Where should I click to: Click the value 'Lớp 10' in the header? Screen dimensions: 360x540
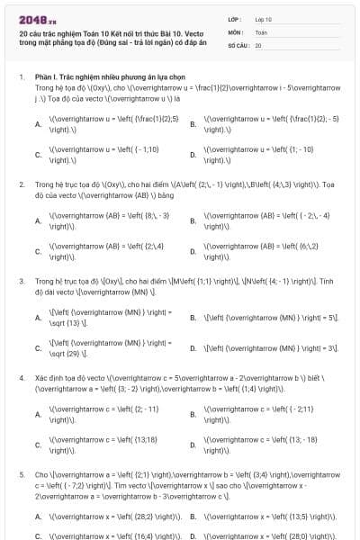pyautogui.click(x=263, y=19)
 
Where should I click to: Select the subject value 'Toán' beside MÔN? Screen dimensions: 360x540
pyautogui.click(x=260, y=31)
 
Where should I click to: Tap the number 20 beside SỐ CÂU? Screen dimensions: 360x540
pyautogui.click(x=258, y=44)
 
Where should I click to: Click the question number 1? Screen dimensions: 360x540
pyautogui.click(x=21, y=78)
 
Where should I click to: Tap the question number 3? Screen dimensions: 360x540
pyautogui.click(x=21, y=281)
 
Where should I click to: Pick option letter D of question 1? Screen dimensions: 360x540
pyautogui.click(x=193, y=155)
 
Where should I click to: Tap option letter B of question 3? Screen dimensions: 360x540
pyautogui.click(x=193, y=318)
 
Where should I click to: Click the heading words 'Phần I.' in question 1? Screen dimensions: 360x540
pyautogui.click(x=45, y=78)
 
